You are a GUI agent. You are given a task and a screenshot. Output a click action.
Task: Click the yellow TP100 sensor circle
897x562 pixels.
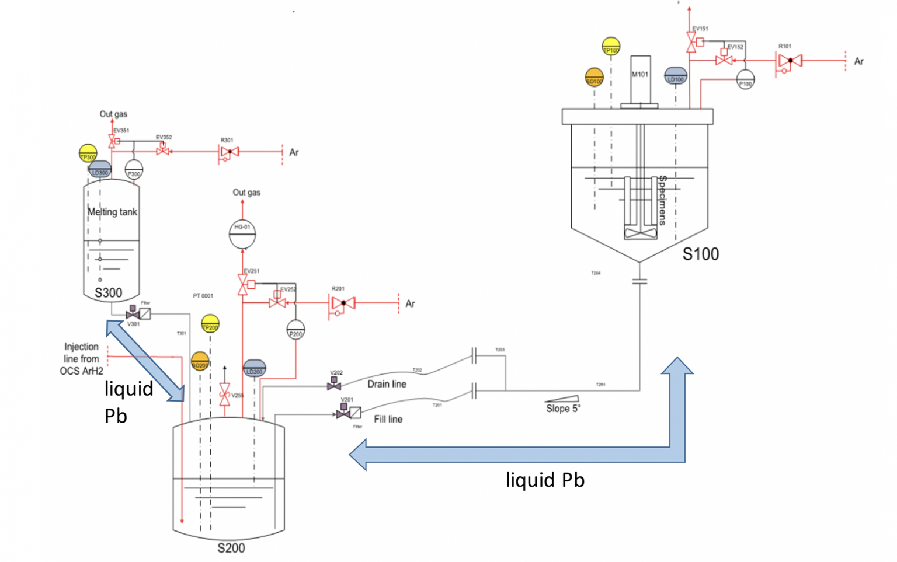click(611, 46)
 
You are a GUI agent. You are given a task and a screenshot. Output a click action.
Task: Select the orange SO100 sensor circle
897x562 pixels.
click(594, 77)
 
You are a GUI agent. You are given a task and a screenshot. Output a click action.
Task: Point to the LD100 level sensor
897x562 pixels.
click(676, 76)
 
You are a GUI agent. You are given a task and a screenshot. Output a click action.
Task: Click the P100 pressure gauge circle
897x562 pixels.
click(745, 79)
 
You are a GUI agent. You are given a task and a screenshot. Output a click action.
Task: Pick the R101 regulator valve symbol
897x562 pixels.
click(790, 61)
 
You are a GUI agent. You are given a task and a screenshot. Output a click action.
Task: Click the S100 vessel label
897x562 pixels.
click(701, 254)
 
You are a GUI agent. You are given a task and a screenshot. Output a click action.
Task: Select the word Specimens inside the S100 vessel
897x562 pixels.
click(663, 200)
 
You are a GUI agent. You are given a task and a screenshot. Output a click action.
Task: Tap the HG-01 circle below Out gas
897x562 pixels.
click(242, 234)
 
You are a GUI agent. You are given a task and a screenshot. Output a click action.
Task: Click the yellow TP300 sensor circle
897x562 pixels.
click(88, 153)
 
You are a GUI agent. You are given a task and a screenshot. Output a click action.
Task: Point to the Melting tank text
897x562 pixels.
click(112, 212)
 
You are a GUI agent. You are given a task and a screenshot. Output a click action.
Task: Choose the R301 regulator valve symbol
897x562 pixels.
click(229, 152)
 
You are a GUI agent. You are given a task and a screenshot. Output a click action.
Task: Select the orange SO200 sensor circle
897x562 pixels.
click(200, 361)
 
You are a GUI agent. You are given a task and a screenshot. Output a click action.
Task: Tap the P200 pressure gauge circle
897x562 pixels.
click(295, 330)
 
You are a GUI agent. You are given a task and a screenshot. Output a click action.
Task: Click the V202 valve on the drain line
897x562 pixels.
click(334, 384)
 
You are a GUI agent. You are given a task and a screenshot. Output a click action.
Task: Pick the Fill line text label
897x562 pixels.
click(388, 419)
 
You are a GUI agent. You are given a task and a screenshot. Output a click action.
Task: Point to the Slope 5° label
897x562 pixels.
click(563, 409)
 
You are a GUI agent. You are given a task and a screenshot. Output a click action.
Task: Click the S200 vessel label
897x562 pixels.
click(231, 548)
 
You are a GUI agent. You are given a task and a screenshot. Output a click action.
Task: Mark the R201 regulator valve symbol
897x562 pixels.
click(343, 303)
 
